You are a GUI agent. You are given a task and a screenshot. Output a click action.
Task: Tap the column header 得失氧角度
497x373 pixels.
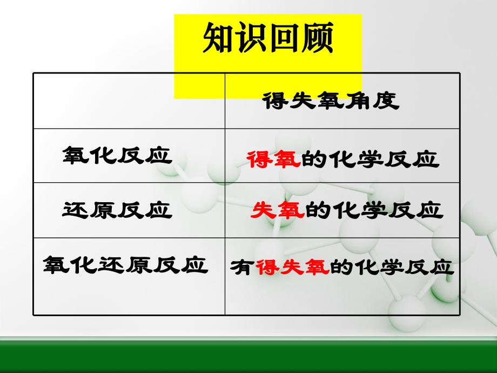click(331, 101)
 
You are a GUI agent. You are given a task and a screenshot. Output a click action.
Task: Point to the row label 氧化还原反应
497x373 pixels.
click(126, 265)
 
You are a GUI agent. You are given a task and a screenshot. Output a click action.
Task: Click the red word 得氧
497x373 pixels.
click(273, 160)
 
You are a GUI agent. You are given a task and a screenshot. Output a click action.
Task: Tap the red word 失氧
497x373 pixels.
click(277, 210)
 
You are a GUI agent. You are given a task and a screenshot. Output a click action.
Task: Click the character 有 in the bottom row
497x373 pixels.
click(241, 268)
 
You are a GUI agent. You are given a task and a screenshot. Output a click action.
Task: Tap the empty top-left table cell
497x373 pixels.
click(129, 101)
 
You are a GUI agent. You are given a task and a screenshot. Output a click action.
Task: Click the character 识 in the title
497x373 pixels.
click(251, 39)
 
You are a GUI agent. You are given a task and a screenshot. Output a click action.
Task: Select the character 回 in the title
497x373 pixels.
click(284, 39)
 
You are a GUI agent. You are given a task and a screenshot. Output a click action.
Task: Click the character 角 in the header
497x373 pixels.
click(358, 101)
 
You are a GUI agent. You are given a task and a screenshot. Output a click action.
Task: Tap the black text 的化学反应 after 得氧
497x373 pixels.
click(370, 160)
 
